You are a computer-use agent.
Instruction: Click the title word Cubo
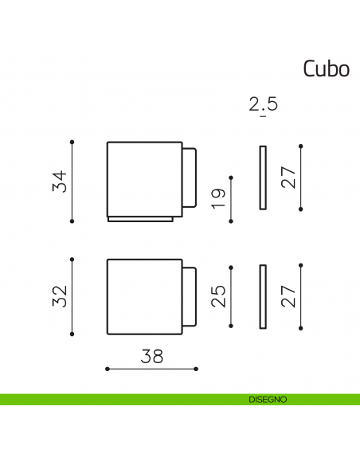[326, 69]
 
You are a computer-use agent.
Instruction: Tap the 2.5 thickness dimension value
[263, 105]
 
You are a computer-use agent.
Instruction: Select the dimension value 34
[59, 181]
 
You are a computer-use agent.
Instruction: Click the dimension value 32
[59, 295]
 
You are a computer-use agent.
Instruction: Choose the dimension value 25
[218, 295]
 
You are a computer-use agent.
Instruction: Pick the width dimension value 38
[151, 356]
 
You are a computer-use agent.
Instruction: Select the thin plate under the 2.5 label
[263, 178]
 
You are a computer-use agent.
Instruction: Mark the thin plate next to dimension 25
[263, 295]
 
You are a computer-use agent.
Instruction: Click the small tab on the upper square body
[190, 178]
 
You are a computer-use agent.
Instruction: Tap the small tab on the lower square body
[190, 296]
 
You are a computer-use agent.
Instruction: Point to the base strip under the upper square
[141, 219]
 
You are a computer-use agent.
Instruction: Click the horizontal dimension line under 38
[151, 368]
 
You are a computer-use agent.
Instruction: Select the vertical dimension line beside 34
[72, 181]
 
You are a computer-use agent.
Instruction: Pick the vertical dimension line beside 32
[72, 295]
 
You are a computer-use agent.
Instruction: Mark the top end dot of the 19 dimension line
[230, 178]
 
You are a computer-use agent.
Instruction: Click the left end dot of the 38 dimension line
[107, 368]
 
